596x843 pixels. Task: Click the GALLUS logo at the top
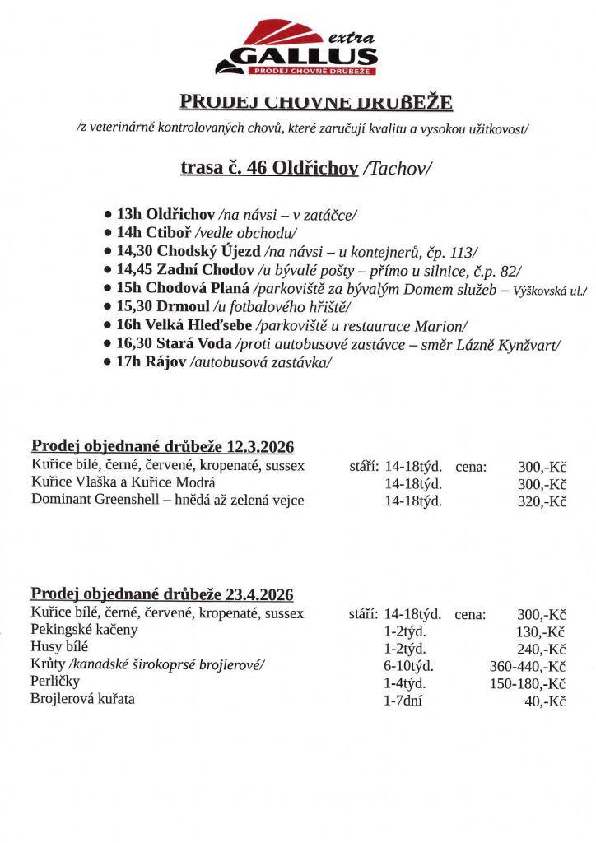pos(297,54)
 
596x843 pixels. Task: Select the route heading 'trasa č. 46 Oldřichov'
pos(268,168)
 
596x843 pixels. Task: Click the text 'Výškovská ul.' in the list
pos(549,289)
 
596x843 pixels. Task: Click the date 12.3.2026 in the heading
pos(259,446)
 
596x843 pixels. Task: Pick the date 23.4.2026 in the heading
pos(258,594)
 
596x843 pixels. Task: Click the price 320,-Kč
pos(542,501)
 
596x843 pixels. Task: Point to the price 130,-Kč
pos(542,631)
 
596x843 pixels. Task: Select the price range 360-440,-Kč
pos(528,667)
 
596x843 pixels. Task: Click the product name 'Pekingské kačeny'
pos(84,630)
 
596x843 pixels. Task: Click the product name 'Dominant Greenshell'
pos(91,500)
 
